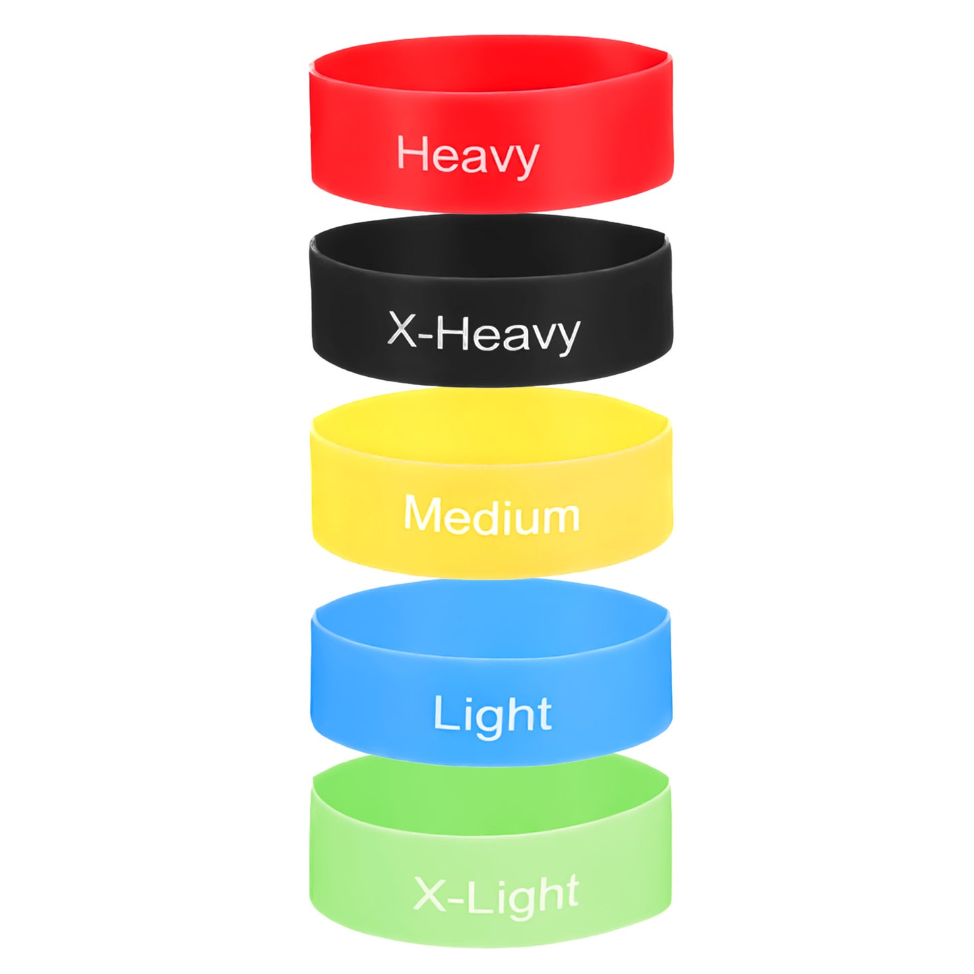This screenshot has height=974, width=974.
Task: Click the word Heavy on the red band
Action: click(468, 156)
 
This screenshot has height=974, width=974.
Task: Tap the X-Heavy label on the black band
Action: click(483, 332)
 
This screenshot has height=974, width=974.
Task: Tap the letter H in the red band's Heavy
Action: click(413, 152)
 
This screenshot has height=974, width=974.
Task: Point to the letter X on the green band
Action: click(429, 893)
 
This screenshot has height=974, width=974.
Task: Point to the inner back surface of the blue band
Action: click(489, 614)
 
